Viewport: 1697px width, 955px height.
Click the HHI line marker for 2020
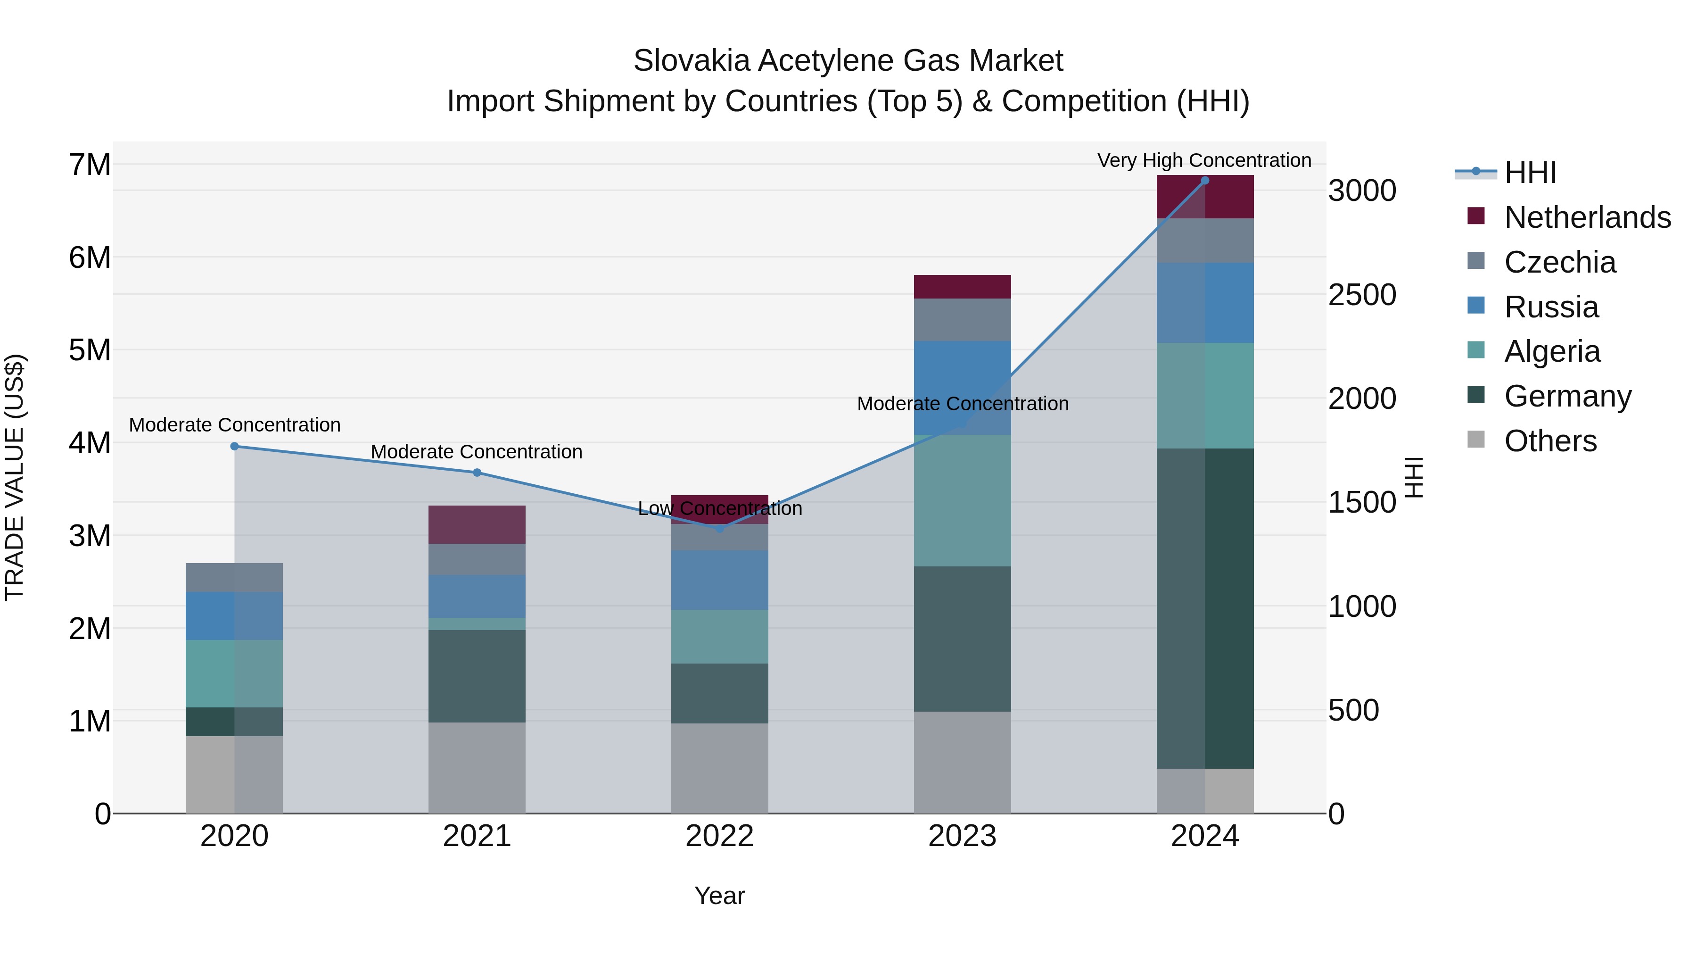click(x=235, y=446)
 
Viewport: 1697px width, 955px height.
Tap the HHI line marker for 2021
click(x=477, y=473)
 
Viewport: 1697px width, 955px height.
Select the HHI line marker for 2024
click(x=1205, y=181)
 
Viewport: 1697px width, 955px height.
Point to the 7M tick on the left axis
click(x=90, y=165)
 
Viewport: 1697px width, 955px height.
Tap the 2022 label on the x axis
click(x=719, y=836)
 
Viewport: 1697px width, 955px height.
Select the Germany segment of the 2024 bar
click(x=1205, y=608)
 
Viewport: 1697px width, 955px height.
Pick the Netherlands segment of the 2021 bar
click(x=477, y=524)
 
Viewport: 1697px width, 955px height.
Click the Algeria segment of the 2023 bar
click(x=963, y=501)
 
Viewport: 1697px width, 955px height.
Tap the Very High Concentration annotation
click(x=1204, y=161)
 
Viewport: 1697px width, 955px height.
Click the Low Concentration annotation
click(x=719, y=509)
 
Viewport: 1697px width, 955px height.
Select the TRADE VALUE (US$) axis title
click(x=15, y=477)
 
